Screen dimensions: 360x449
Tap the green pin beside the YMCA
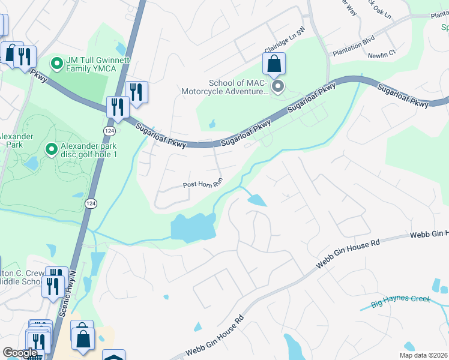57,62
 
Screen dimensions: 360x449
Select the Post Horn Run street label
203,185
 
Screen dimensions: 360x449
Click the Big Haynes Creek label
400,301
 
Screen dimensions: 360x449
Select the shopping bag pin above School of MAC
274,64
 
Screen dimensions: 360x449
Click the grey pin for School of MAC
278,88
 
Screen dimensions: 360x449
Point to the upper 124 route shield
109,130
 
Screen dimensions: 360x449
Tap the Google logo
20,353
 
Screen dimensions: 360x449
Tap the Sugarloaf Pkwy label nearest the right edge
403,96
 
